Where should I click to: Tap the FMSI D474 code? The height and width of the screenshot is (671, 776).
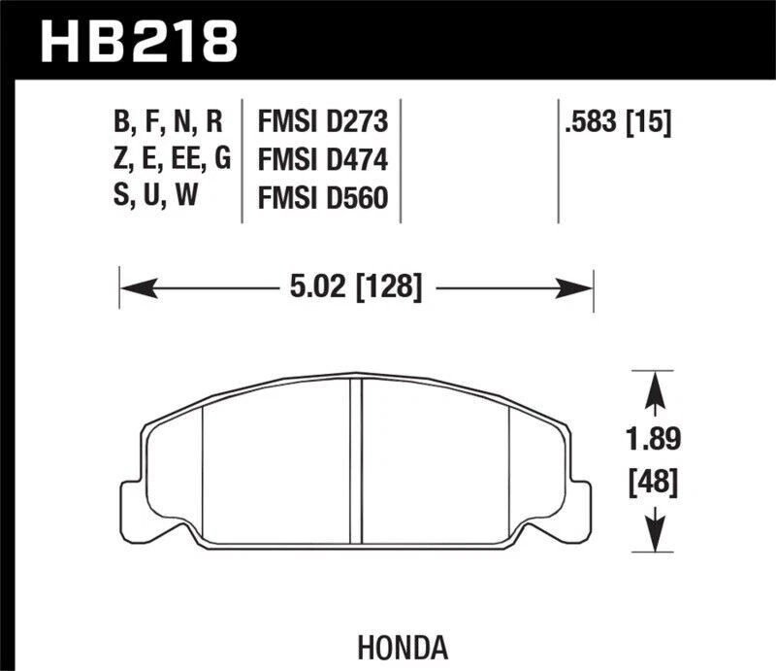pyautogui.click(x=322, y=160)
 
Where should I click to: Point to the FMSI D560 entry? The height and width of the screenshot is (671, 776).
pyautogui.click(x=322, y=198)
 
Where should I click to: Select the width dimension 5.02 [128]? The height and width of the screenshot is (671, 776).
pyautogui.click(x=355, y=287)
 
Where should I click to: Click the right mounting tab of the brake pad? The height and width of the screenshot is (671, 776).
pyautogui.click(x=580, y=495)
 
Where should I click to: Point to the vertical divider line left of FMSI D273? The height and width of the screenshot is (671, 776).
pyautogui.click(x=242, y=160)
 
